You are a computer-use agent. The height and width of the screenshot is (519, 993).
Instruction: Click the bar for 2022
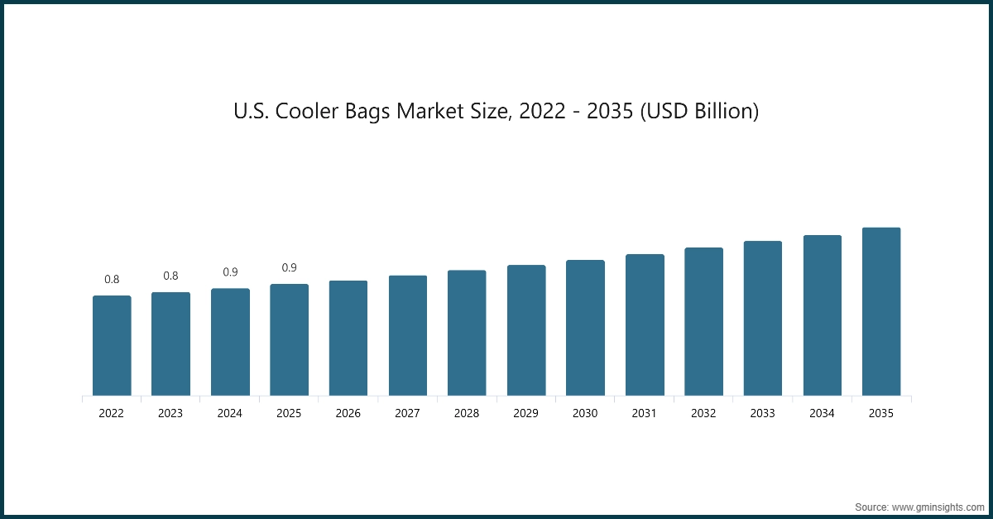[x=112, y=345]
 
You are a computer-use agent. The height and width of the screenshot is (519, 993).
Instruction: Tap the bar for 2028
[x=467, y=333]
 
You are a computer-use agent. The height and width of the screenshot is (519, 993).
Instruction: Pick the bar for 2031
[x=645, y=324]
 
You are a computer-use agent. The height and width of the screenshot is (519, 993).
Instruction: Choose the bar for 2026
[x=348, y=338]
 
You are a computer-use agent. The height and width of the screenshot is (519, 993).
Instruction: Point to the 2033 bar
[x=763, y=318]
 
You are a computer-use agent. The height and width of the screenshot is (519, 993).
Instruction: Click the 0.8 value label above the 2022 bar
[x=112, y=280]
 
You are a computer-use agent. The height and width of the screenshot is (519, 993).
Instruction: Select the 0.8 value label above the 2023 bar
[x=170, y=276]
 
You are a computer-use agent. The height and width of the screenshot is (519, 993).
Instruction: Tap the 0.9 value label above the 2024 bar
[x=230, y=272]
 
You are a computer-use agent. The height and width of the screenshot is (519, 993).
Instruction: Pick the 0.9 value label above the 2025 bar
[x=290, y=267]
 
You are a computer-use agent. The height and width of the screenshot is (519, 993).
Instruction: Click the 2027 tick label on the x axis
[x=407, y=413]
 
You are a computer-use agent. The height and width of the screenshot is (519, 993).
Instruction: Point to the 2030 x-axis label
[x=585, y=413]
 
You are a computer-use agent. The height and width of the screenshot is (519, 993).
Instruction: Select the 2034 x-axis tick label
[x=822, y=413]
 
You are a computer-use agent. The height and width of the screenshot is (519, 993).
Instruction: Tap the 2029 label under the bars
[x=526, y=413]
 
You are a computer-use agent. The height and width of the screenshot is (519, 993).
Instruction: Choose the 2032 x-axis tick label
[x=703, y=413]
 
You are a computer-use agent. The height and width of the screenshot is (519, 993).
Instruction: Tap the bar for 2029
[x=526, y=330]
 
